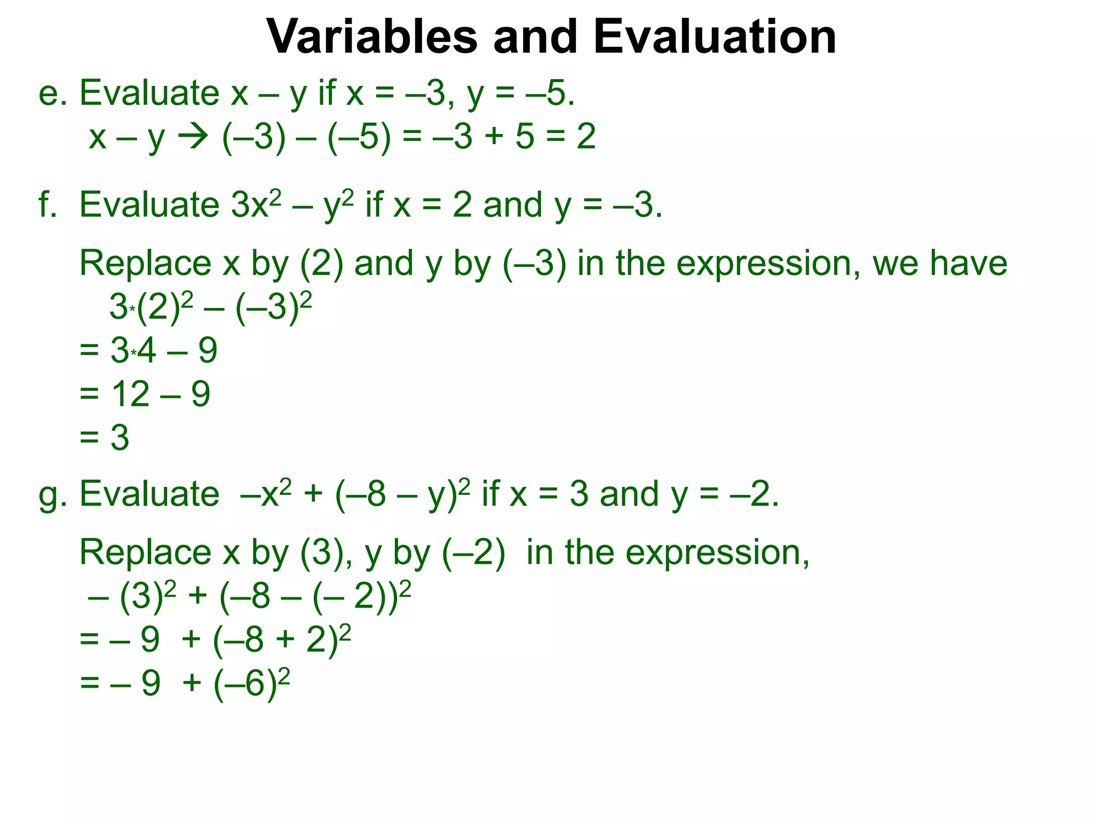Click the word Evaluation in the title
tap(715, 37)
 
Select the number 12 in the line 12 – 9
tap(130, 395)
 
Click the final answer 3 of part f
tap(120, 438)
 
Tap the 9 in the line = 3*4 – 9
tap(208, 351)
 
